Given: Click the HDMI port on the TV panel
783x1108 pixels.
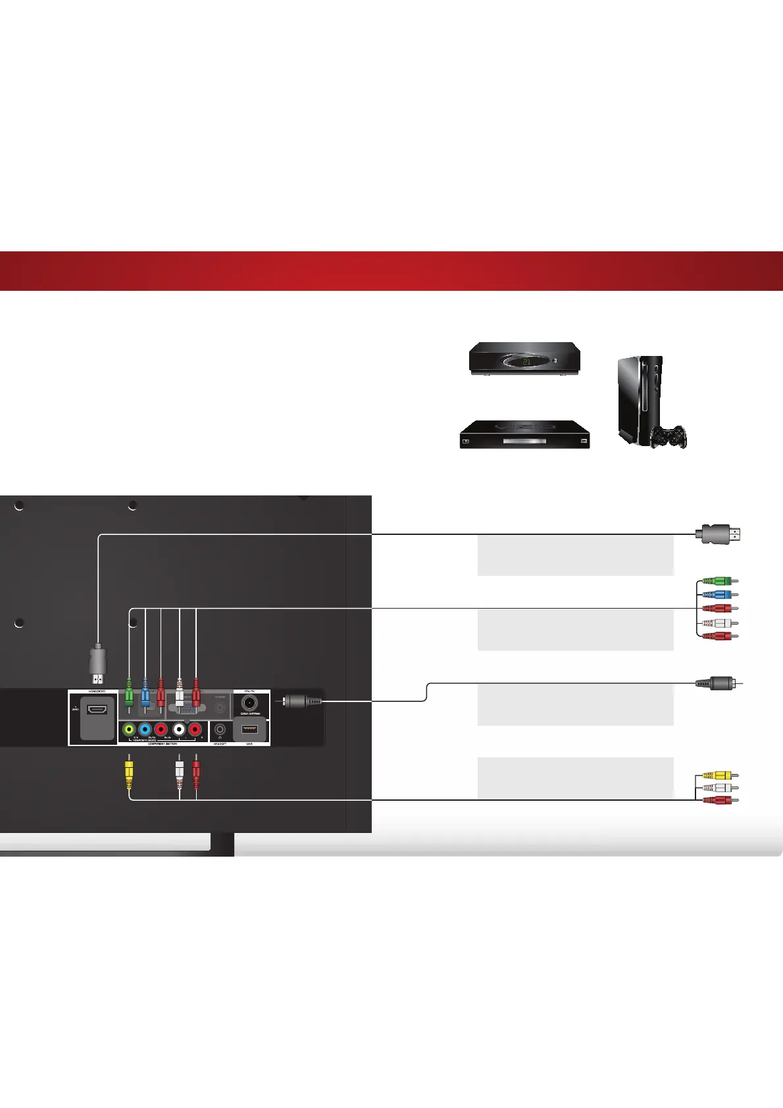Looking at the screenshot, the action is [x=97, y=710].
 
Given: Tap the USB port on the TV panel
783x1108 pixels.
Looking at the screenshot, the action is [x=249, y=729].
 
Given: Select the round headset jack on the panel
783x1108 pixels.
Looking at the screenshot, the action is [x=220, y=730].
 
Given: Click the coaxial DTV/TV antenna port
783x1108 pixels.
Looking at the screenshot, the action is [x=250, y=703].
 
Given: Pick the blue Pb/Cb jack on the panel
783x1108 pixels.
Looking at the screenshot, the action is [x=145, y=730].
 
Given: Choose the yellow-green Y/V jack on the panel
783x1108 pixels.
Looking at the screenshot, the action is [x=129, y=730].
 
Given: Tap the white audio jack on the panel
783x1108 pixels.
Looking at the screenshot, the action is [x=178, y=730].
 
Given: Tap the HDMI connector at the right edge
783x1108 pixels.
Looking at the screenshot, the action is [x=720, y=534].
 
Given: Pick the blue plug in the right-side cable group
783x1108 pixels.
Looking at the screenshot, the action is [x=718, y=595].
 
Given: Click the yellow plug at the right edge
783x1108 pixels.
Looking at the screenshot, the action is [x=718, y=776].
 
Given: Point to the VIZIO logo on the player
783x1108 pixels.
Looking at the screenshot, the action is [x=524, y=428].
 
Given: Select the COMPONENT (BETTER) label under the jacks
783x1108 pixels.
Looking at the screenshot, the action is [x=163, y=743].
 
